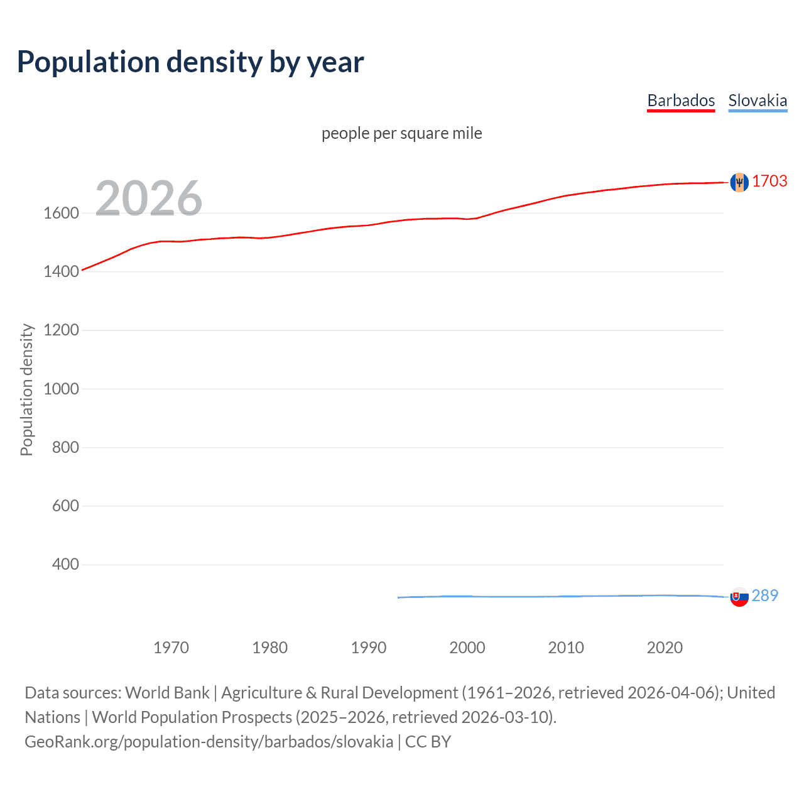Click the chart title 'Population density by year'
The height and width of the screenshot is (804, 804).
coord(190,62)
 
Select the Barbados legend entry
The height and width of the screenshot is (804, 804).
coord(681,100)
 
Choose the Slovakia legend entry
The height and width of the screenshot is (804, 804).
coord(758,100)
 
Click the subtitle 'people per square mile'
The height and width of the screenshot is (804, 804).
coord(401,133)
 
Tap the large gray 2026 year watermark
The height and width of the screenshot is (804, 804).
coord(149,198)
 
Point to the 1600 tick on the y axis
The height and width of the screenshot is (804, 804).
coord(61,213)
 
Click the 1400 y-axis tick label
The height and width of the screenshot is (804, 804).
coord(61,271)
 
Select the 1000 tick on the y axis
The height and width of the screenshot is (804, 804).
coord(61,389)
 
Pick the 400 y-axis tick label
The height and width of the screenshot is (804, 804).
coord(65,564)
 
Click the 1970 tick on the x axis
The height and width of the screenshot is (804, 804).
coord(171,648)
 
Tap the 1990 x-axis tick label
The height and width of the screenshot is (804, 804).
coord(369,648)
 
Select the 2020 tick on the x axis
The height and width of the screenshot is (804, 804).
coord(665,648)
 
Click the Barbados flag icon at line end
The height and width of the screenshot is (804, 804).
coord(739,182)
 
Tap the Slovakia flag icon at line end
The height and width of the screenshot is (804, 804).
coord(739,597)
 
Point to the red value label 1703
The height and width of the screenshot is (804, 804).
coord(769,181)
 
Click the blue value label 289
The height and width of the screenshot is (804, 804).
coord(764,595)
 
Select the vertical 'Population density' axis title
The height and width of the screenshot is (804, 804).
coord(26,389)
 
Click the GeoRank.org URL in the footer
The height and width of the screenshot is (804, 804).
coord(209,742)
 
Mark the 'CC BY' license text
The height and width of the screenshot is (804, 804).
coord(428,742)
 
